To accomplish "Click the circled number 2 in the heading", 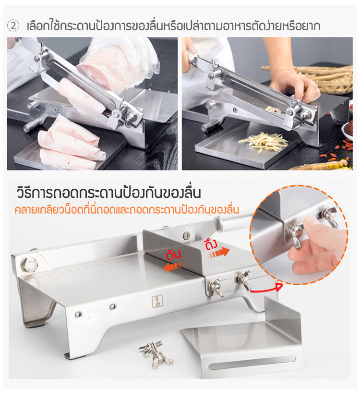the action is (13, 26).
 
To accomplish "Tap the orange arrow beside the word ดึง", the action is (218, 253).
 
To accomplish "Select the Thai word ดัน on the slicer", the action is (174, 254).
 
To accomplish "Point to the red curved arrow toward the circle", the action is (266, 289).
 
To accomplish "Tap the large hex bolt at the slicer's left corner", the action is (29, 265).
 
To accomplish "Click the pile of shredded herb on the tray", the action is (263, 142).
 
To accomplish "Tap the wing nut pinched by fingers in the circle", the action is (296, 232).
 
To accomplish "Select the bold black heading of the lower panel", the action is (109, 193).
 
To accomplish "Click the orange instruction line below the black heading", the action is (127, 210).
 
